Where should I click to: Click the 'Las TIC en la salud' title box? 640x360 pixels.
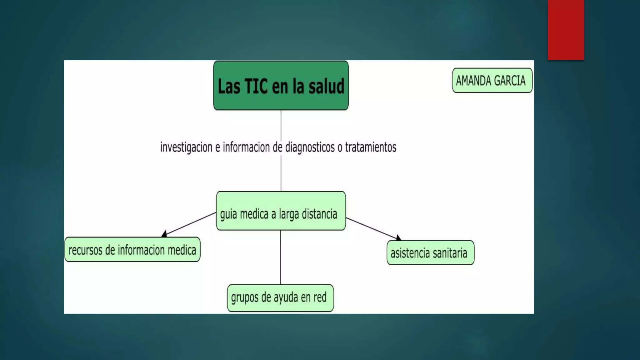click(281, 85)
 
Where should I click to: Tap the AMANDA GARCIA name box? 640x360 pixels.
click(492, 80)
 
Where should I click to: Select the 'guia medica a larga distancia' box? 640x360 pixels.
click(281, 211)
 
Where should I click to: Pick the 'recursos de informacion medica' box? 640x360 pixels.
click(132, 249)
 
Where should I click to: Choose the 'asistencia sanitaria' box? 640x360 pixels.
click(430, 252)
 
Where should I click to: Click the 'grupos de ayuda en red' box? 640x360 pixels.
click(280, 298)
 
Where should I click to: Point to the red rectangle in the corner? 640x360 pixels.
click(566, 30)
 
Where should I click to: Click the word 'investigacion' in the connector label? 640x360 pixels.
click(186, 147)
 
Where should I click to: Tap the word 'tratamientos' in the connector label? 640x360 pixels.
click(371, 147)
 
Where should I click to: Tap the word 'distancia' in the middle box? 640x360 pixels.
click(319, 214)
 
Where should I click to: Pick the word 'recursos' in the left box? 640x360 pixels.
click(85, 250)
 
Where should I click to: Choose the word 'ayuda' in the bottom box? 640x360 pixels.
click(286, 298)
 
